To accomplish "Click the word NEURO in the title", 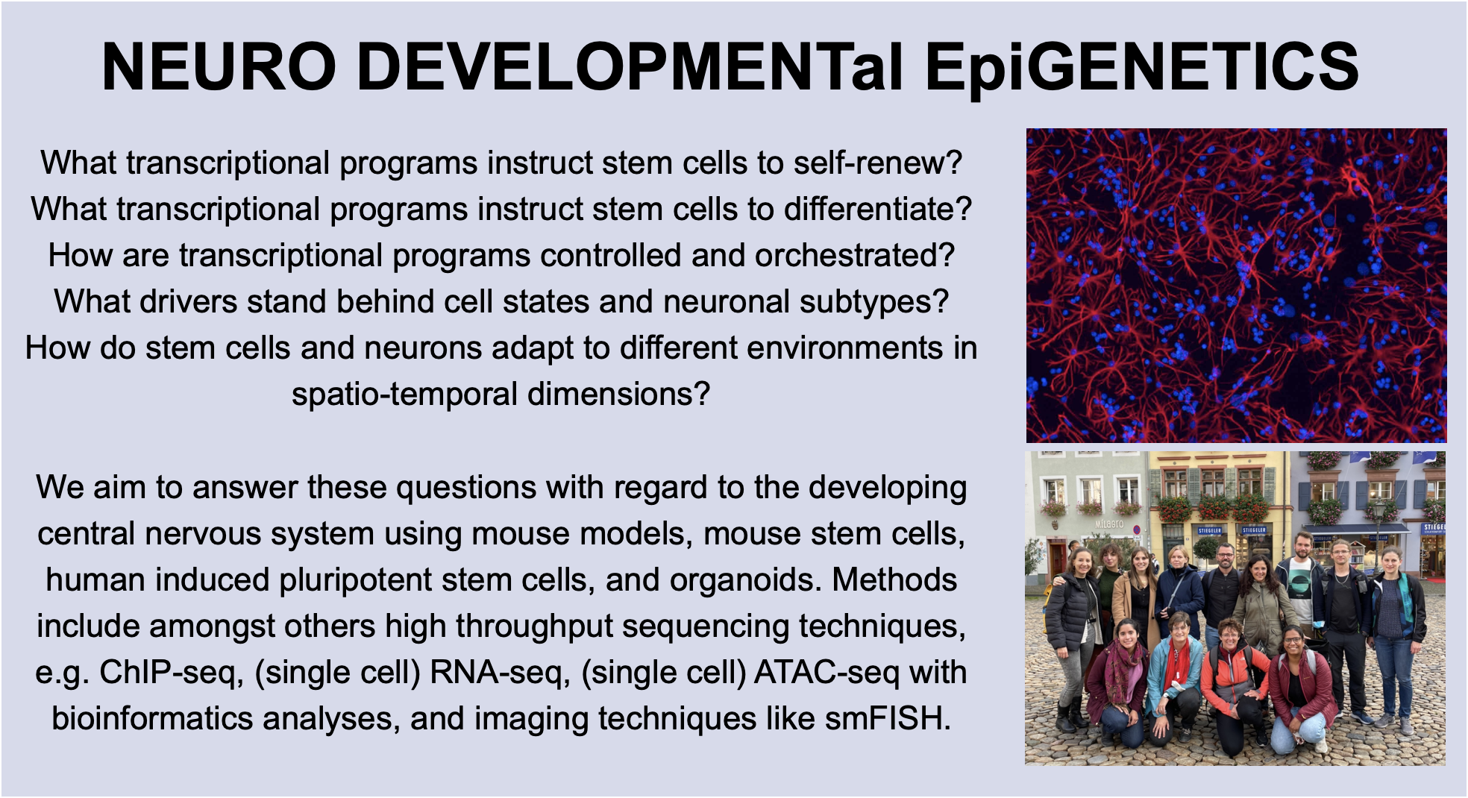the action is click(x=219, y=67).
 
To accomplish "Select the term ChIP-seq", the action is click(x=171, y=673).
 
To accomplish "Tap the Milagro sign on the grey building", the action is click(x=1108, y=524).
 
